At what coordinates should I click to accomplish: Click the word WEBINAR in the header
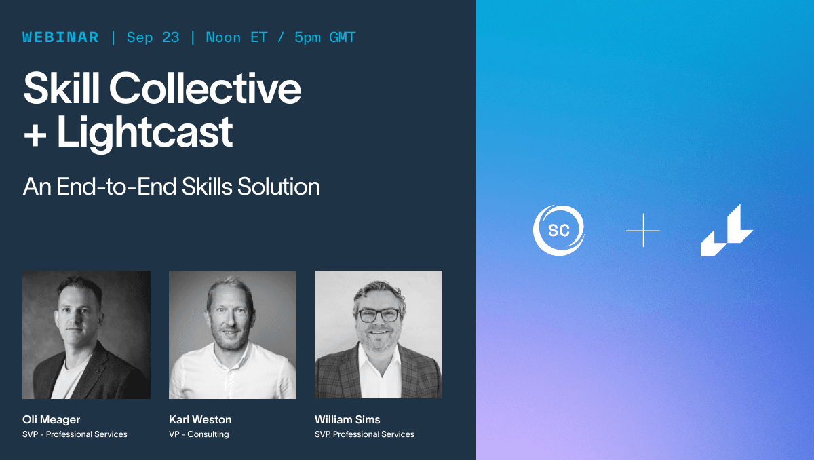click(x=60, y=37)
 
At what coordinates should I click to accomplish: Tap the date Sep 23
click(x=153, y=38)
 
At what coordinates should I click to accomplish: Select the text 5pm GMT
click(x=325, y=38)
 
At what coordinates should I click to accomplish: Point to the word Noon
click(x=223, y=37)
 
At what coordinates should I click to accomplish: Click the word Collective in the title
click(x=205, y=88)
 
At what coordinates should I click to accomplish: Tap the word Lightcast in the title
click(x=144, y=132)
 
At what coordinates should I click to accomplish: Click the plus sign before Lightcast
click(x=35, y=136)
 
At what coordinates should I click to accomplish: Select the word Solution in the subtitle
click(x=279, y=187)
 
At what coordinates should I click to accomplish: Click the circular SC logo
click(x=558, y=231)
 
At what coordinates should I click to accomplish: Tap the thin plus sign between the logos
click(x=643, y=231)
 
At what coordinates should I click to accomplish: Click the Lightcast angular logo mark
click(x=726, y=230)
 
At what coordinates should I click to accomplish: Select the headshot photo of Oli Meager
click(x=87, y=334)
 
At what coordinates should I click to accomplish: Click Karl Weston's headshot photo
click(x=233, y=334)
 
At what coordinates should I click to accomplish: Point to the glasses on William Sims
click(x=379, y=315)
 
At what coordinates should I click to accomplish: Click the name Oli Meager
click(x=52, y=420)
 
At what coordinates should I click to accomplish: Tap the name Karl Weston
click(x=200, y=420)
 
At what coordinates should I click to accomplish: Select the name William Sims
click(x=347, y=420)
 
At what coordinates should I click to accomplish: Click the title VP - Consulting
click(x=199, y=434)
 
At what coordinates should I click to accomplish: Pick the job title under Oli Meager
click(x=75, y=434)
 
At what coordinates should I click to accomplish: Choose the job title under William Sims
click(x=364, y=434)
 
